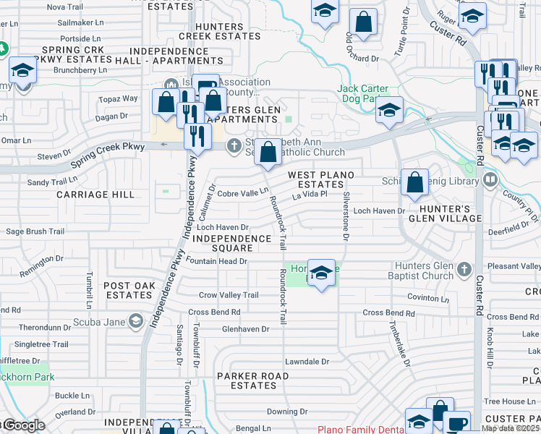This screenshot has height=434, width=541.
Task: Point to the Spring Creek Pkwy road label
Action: [x=115, y=146]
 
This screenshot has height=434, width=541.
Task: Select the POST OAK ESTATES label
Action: [x=129, y=291]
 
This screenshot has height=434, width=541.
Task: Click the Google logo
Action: [x=23, y=425]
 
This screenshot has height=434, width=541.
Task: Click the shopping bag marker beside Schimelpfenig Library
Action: [x=414, y=184]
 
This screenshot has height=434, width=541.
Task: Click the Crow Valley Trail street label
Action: [x=229, y=295]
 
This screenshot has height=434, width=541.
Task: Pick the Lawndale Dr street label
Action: [x=307, y=361]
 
